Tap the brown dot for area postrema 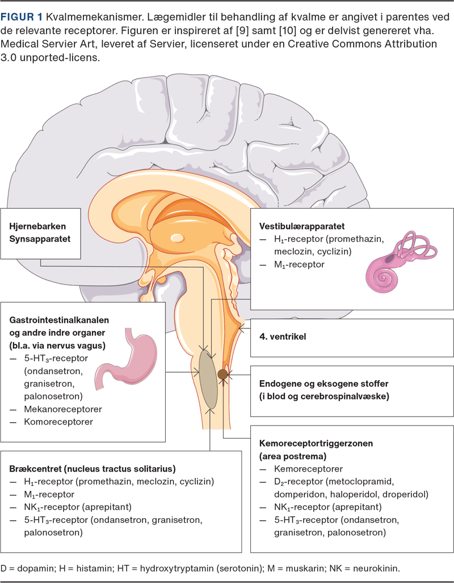222,374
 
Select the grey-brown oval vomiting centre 208,379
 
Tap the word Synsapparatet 40,239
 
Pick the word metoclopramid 377,482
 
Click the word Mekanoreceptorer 67,409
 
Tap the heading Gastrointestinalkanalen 67,319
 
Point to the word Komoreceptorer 58,422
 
